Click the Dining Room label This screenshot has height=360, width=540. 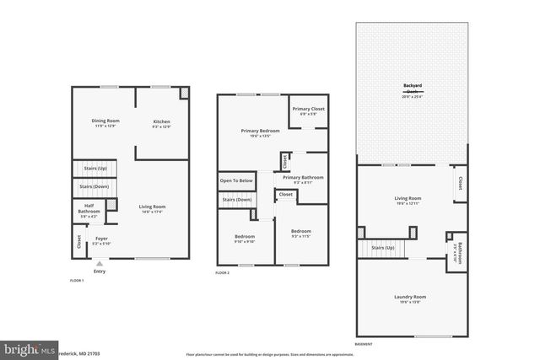tap(105, 121)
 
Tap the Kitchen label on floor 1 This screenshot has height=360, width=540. tap(161, 122)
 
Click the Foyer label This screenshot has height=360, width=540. tap(101, 239)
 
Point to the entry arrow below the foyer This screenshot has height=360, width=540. tap(100, 263)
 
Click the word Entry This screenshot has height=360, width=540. tap(100, 271)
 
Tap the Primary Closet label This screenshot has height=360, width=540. tap(308, 110)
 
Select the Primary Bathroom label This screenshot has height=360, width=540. tap(303, 178)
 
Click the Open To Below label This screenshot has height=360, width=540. tap(237, 180)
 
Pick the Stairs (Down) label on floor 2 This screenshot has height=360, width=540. tap(237, 200)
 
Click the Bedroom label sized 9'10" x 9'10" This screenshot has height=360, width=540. tap(244, 237)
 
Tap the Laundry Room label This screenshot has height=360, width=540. tap(410, 297)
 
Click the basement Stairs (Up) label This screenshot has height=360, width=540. tap(384, 249)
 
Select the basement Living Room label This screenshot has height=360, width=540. tap(408, 199)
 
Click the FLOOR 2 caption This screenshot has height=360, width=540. tap(222, 272)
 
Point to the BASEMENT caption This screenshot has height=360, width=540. tap(364, 345)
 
